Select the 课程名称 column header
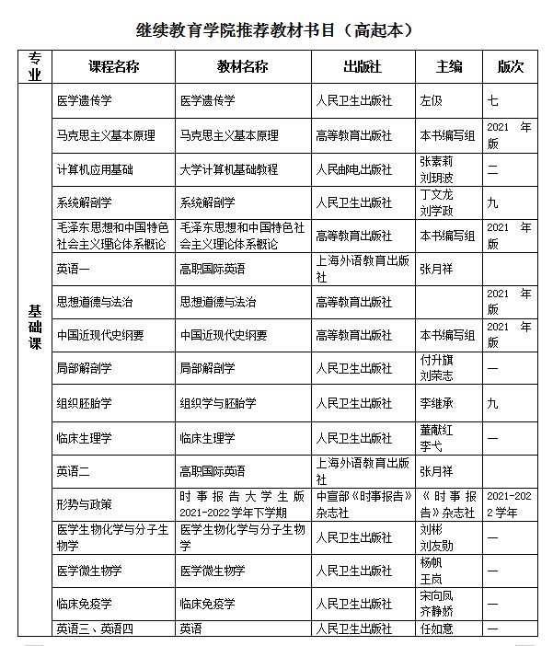click(113, 66)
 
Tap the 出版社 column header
click(362, 66)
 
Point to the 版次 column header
click(510, 66)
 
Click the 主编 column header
click(449, 66)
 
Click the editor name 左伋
click(432, 100)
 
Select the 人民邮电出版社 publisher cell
click(353, 169)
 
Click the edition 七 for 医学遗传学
click(493, 100)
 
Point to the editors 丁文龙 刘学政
click(437, 202)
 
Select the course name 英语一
click(73, 269)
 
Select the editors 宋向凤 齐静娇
click(437, 603)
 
